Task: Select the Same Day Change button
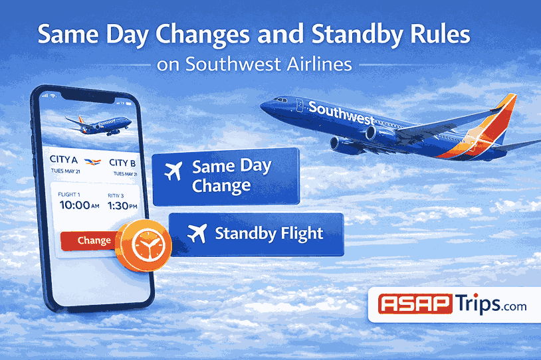(x=226, y=177)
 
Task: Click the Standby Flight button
(x=256, y=234)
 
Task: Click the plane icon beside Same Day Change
(x=173, y=171)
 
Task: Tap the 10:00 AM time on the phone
(x=78, y=205)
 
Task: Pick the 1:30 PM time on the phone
(x=122, y=205)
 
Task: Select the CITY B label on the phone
(x=122, y=163)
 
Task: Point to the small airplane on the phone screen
(x=98, y=124)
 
